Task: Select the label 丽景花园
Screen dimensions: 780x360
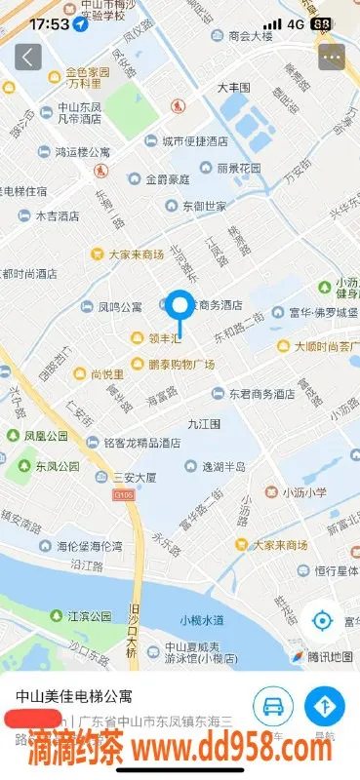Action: pos(238,169)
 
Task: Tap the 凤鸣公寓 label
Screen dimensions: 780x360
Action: pos(120,307)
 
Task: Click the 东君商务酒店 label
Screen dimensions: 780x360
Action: pos(261,394)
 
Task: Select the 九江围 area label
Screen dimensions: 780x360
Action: pos(205,423)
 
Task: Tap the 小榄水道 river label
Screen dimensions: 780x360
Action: pos(202,620)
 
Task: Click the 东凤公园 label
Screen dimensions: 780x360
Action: pos(58,466)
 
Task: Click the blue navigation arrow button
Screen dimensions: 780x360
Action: pos(324,705)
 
